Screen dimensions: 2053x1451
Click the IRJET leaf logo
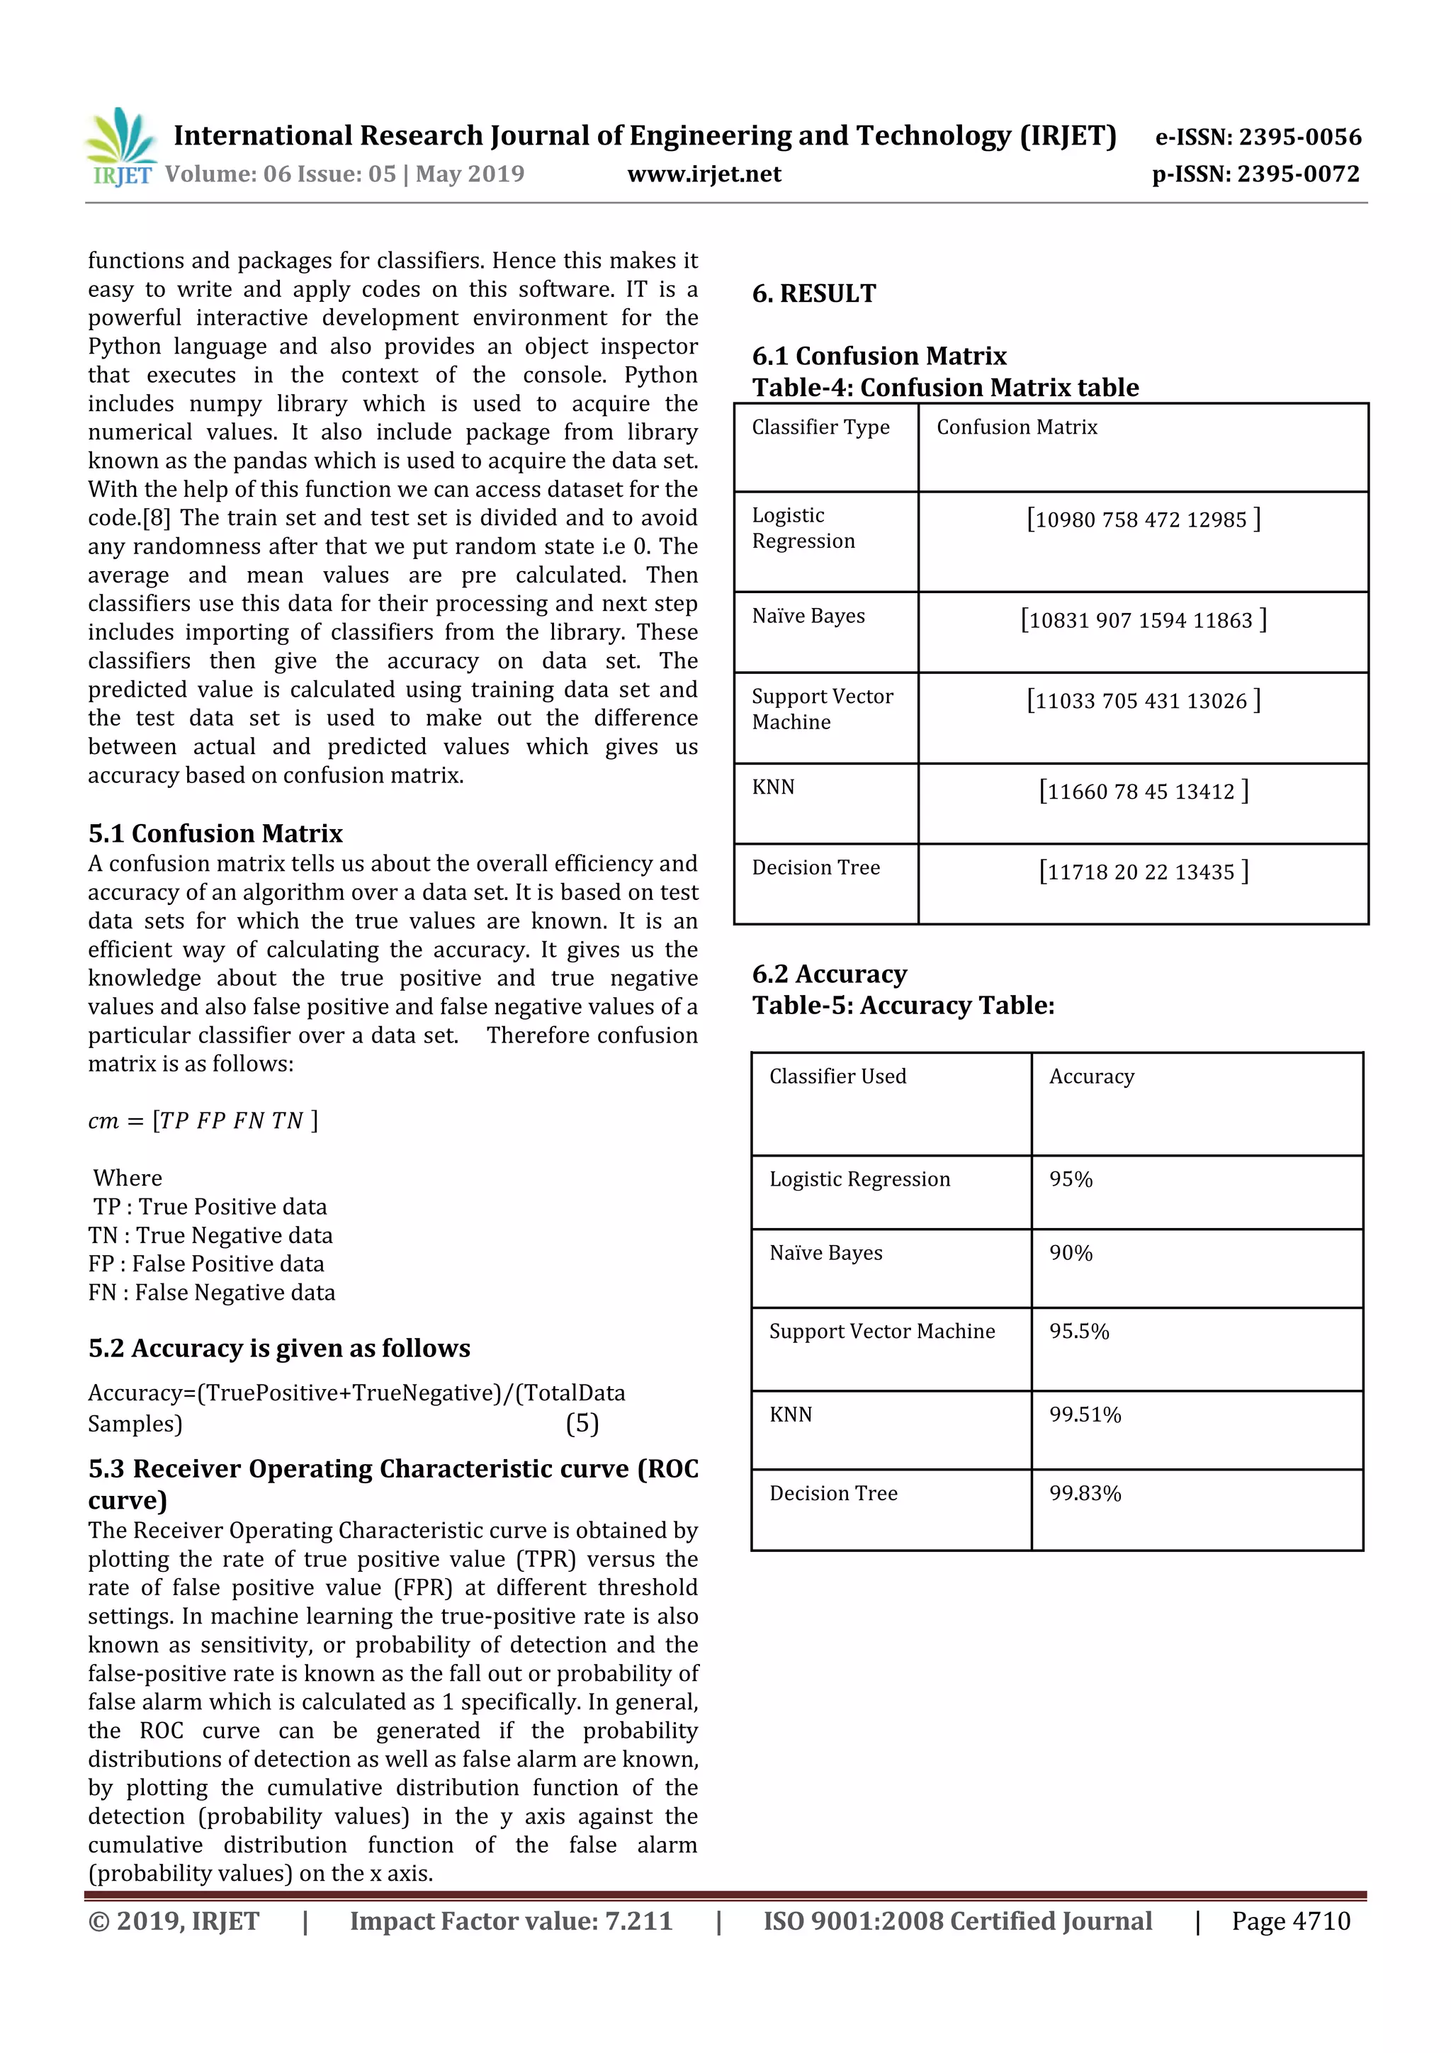tap(120, 146)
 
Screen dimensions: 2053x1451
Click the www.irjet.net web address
tap(704, 174)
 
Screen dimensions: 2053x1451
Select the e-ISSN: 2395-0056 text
tap(1258, 137)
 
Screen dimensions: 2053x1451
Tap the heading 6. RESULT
tap(813, 293)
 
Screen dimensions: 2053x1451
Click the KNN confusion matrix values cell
tap(1143, 792)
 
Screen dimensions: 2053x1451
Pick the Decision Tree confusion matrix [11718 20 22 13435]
tap(1143, 872)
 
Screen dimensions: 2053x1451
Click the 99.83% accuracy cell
tap(1085, 1493)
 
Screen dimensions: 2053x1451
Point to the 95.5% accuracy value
tap(1078, 1332)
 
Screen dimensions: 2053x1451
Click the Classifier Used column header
tap(837, 1076)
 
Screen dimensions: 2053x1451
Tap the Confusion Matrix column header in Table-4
tap(1017, 427)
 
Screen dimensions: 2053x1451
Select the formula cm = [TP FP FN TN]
tap(203, 1120)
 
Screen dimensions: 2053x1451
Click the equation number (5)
tap(582, 1424)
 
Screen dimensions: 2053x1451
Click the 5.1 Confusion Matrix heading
tap(215, 833)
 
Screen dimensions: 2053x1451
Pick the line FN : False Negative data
tap(212, 1293)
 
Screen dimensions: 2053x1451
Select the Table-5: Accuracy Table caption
tap(903, 1005)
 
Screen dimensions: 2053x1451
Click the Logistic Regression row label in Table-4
tap(803, 529)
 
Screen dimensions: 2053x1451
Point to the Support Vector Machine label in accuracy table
tap(881, 1332)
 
